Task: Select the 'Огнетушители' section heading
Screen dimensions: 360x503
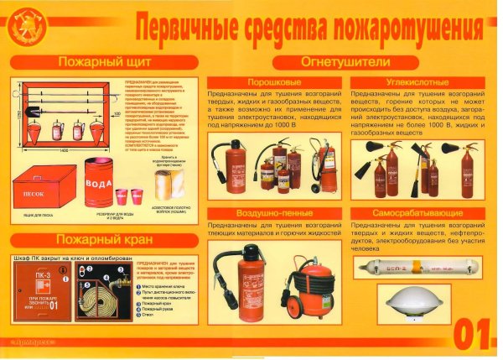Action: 346,62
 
